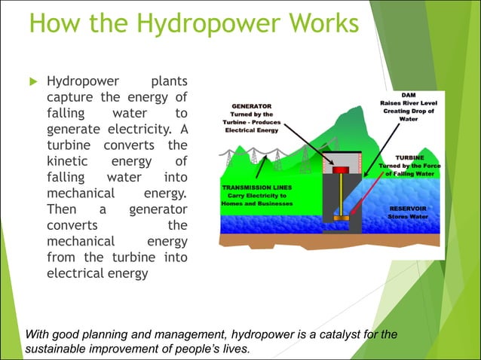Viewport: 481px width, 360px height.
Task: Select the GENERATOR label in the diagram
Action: [x=252, y=106]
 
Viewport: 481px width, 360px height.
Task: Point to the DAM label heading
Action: [x=408, y=95]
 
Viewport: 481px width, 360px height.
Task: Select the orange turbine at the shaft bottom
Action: [x=342, y=218]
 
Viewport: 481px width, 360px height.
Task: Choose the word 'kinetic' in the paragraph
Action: [x=67, y=161]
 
